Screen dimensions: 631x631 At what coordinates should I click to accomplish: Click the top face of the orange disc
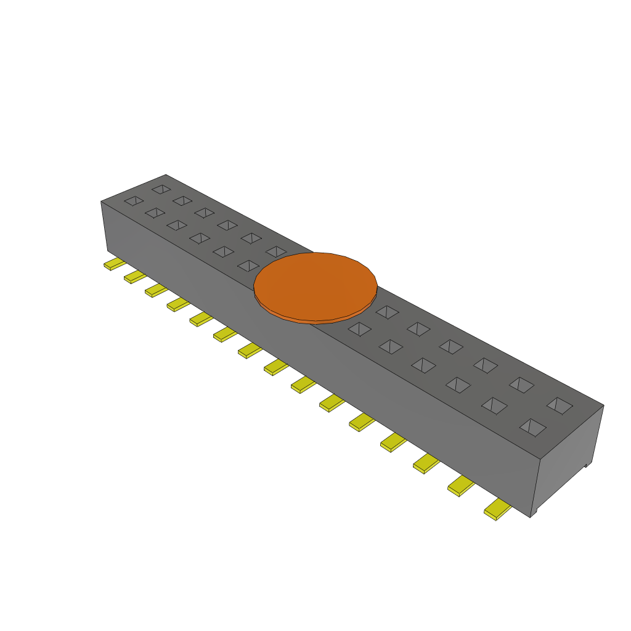point(315,285)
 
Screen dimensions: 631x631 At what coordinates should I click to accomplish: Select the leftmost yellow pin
point(113,264)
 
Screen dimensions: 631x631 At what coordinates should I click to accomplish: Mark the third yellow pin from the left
point(155,290)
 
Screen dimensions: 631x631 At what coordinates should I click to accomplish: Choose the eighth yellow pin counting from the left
point(276,367)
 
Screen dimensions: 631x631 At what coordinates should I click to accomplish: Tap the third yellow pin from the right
point(426,463)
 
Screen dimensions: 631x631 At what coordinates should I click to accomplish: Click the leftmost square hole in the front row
point(134,201)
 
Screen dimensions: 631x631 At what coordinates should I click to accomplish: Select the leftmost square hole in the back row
point(161,189)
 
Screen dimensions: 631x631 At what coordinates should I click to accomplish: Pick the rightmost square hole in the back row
point(560,405)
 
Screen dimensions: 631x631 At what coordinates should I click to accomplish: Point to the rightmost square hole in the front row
point(532,427)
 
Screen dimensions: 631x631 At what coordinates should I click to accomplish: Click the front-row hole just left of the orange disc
point(248,266)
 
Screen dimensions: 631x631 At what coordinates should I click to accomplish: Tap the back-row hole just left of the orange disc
point(276,251)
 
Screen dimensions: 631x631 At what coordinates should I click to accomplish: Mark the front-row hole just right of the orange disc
point(360,329)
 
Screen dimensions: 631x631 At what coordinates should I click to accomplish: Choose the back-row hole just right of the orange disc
point(387,312)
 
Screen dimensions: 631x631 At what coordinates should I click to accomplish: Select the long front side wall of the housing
point(308,345)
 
